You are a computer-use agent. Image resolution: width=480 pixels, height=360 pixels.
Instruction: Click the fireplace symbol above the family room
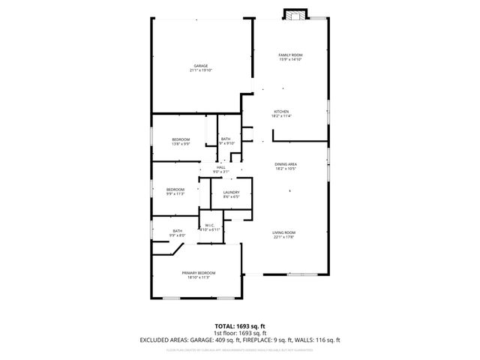click(x=295, y=14)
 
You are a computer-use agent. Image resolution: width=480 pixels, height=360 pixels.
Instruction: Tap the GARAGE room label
click(x=201, y=66)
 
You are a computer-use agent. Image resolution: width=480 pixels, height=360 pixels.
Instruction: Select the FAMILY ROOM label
click(x=291, y=55)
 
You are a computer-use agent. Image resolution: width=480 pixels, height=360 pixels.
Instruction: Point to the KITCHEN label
click(x=281, y=112)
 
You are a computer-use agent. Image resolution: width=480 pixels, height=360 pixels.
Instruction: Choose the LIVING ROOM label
click(x=283, y=232)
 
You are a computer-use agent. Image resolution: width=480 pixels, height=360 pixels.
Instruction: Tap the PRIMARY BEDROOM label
click(x=199, y=272)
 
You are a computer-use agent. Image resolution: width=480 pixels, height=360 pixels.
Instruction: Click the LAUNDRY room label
click(x=231, y=193)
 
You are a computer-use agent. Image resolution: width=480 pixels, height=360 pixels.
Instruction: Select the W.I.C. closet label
click(x=210, y=224)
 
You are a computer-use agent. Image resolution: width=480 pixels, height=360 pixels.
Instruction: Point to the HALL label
click(x=220, y=167)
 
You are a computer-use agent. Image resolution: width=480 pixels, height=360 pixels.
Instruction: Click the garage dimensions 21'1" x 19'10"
click(x=201, y=70)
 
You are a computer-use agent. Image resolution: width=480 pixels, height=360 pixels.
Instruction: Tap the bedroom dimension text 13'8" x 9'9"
click(x=181, y=144)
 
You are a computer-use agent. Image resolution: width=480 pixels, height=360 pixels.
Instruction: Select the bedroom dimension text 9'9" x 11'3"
click(x=175, y=193)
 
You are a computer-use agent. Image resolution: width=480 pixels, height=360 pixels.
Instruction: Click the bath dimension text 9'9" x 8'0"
click(x=178, y=235)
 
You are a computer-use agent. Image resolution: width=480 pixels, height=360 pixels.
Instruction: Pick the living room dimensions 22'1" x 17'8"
click(x=283, y=238)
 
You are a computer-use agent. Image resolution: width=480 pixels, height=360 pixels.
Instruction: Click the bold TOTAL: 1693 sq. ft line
click(x=239, y=326)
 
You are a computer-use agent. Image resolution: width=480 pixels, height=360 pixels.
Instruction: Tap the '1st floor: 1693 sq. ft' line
click(x=239, y=333)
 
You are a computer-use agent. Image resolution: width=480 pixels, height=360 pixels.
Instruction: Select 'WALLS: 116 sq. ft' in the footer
click(x=318, y=340)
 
